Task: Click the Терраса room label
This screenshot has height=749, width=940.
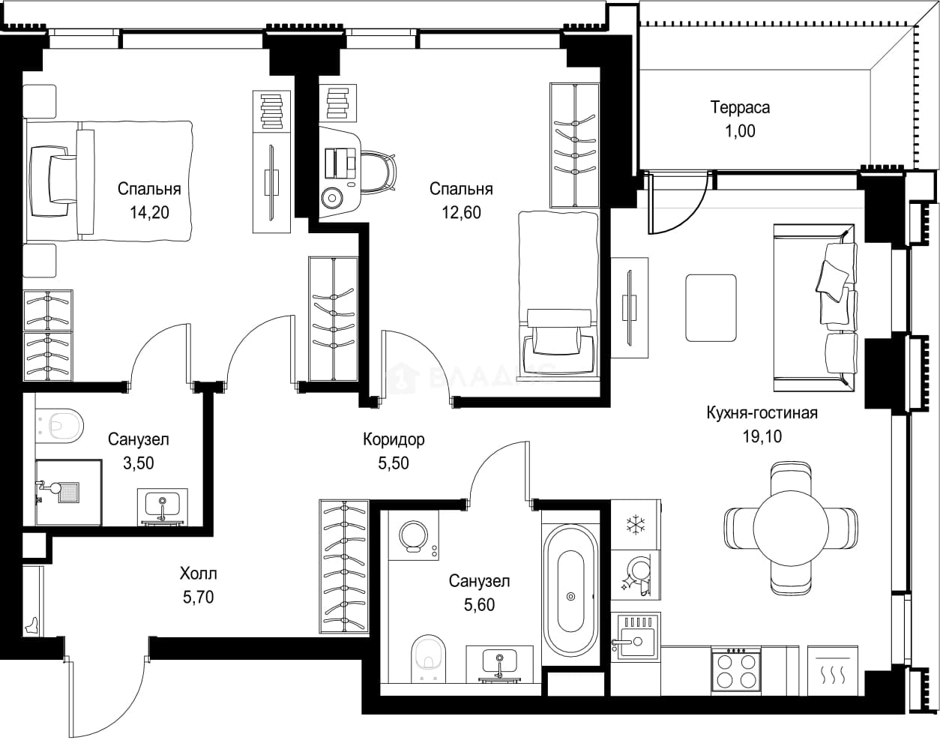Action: click(740, 107)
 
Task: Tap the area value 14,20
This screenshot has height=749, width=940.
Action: click(149, 212)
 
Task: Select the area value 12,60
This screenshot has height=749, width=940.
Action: click(461, 212)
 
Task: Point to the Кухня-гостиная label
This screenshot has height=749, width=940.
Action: click(762, 413)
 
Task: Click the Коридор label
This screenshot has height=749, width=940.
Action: click(394, 439)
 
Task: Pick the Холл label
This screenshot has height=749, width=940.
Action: click(199, 574)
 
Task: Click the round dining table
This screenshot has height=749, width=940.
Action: click(791, 528)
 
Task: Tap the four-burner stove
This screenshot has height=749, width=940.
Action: click(736, 670)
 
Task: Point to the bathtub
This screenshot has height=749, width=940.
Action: click(571, 596)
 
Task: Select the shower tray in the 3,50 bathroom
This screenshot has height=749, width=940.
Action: click(68, 493)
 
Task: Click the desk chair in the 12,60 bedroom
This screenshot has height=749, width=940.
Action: click(379, 171)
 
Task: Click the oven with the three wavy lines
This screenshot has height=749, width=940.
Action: click(833, 670)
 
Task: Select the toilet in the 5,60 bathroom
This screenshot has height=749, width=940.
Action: click(428, 658)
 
